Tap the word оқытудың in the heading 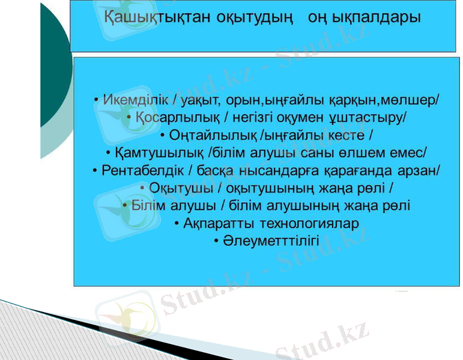(247, 17)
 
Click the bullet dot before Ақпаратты (177, 224)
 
